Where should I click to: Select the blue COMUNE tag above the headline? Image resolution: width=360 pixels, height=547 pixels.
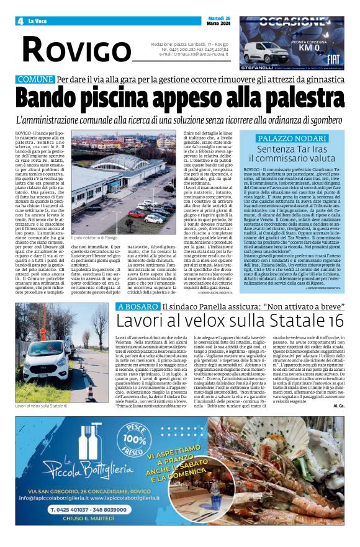pos(35,80)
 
